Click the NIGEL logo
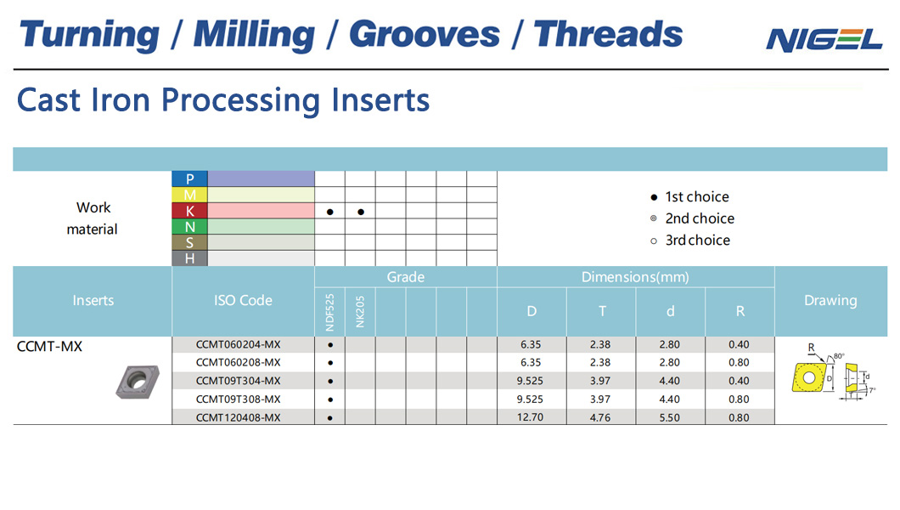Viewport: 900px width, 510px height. (x=824, y=39)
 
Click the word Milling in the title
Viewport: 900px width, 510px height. (x=254, y=35)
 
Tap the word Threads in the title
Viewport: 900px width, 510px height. (x=609, y=34)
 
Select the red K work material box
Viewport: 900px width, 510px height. (x=189, y=211)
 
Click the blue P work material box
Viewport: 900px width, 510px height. (x=189, y=178)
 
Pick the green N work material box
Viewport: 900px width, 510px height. (x=189, y=227)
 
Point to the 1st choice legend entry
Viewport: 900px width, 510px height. (x=690, y=197)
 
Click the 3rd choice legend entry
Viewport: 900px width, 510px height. (x=690, y=241)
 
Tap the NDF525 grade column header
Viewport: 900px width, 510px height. (x=329, y=312)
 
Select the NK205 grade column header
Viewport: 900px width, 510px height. (x=360, y=312)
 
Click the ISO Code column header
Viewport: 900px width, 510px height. (x=243, y=300)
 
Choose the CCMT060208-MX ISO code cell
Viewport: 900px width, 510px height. (x=239, y=362)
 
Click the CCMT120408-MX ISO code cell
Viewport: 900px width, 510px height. (x=239, y=417)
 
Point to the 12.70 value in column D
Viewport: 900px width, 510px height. (x=531, y=417)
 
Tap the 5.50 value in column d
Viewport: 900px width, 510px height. (x=669, y=417)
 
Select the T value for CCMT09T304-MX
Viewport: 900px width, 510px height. (x=600, y=381)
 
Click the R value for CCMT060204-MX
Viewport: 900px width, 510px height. (x=739, y=344)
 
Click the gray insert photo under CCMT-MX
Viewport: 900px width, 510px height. (x=138, y=381)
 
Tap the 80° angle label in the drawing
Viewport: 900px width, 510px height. (x=839, y=356)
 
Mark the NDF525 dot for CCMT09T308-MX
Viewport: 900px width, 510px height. (x=330, y=399)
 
